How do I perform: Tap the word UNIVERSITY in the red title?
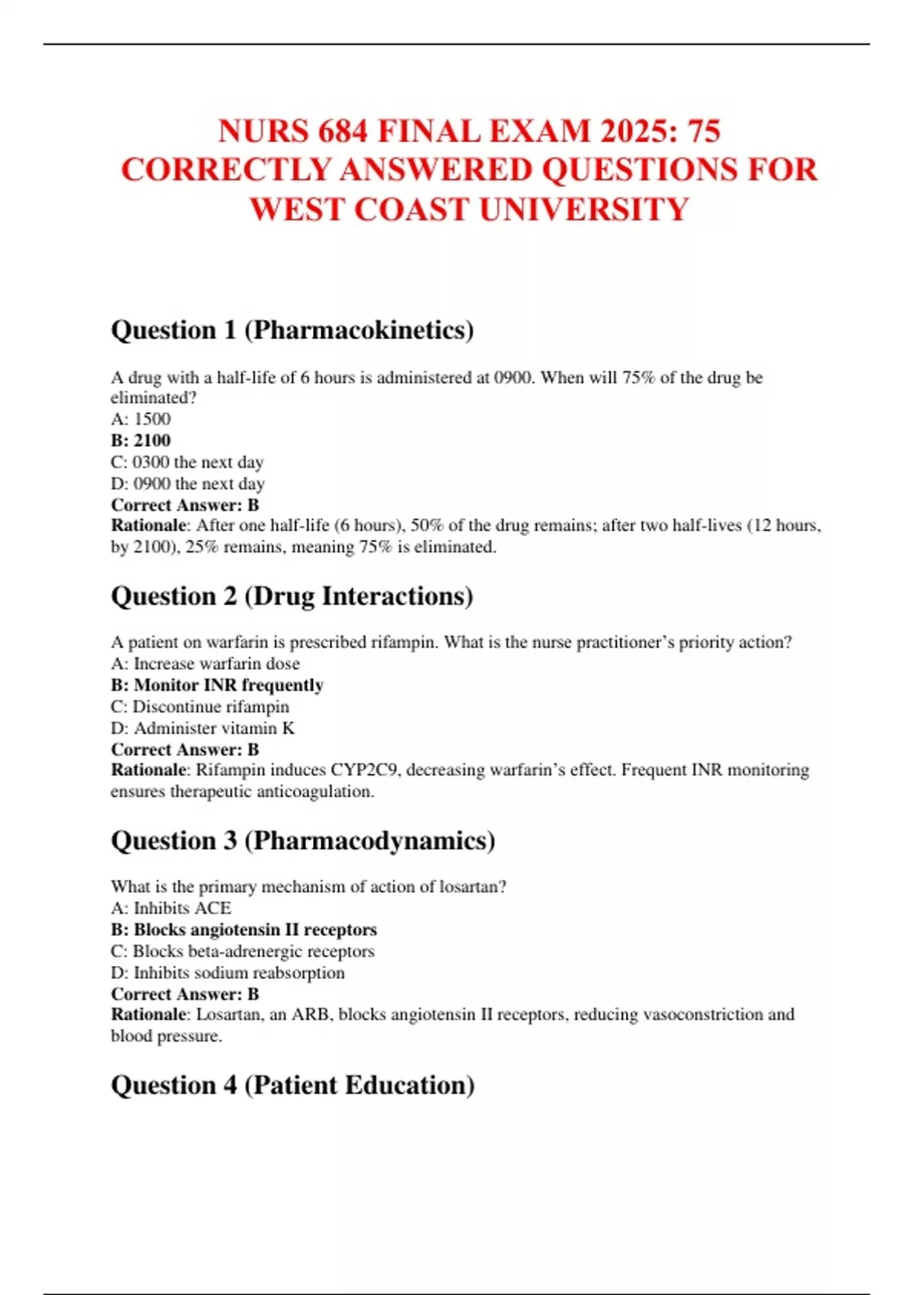pyautogui.click(x=584, y=209)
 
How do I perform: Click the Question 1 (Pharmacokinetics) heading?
pyautogui.click(x=292, y=330)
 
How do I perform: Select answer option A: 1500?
pyautogui.click(x=141, y=419)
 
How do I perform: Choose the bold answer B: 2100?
pyautogui.click(x=141, y=440)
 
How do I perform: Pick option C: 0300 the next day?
pyautogui.click(x=187, y=462)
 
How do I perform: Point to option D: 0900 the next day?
pyautogui.click(x=188, y=484)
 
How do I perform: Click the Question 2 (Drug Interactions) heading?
pyautogui.click(x=292, y=596)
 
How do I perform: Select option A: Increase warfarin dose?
pyautogui.click(x=205, y=663)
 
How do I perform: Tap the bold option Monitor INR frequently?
pyautogui.click(x=217, y=685)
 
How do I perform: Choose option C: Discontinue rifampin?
pyautogui.click(x=200, y=706)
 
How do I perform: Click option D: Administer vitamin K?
pyautogui.click(x=203, y=728)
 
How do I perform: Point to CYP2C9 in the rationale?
pyautogui.click(x=363, y=770)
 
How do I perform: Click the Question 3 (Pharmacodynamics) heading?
pyautogui.click(x=303, y=840)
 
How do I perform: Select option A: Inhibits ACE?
pyautogui.click(x=171, y=908)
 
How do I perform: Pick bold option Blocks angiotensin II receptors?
pyautogui.click(x=244, y=929)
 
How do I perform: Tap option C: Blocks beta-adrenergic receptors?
pyautogui.click(x=242, y=951)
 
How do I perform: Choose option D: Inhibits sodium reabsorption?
pyautogui.click(x=228, y=973)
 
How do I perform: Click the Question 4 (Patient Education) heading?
pyautogui.click(x=292, y=1085)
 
